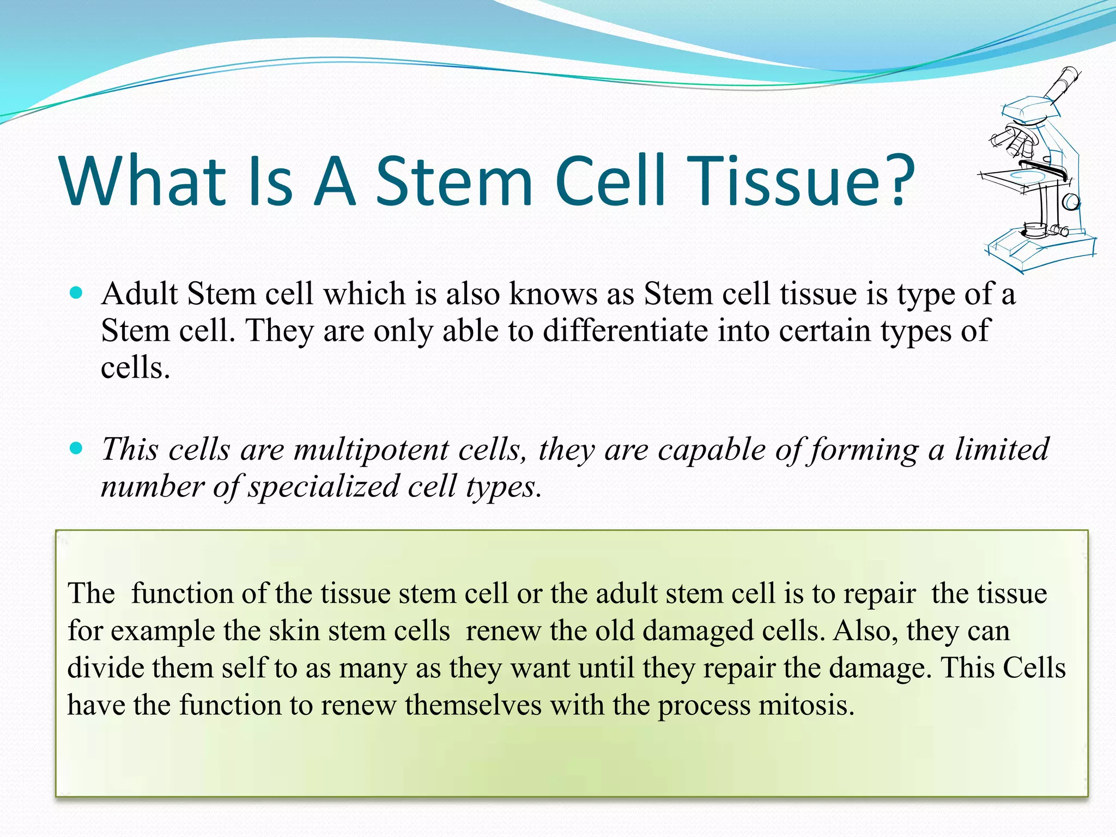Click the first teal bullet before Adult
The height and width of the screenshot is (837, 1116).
point(77,293)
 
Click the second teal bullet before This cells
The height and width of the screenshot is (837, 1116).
point(77,448)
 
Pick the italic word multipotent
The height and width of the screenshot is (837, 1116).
point(371,450)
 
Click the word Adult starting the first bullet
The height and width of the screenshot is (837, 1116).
point(139,294)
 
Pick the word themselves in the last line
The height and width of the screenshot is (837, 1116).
point(473,705)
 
